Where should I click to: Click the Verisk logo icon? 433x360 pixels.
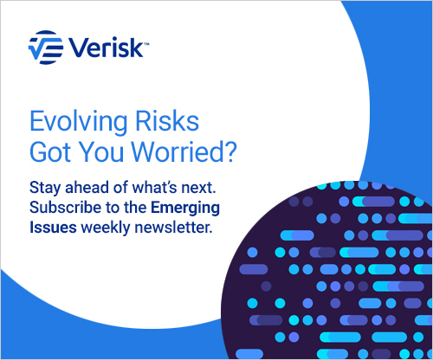pyautogui.click(x=46, y=48)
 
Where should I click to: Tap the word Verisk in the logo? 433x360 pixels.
pyautogui.click(x=106, y=48)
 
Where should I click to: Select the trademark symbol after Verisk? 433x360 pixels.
pyautogui.click(x=146, y=44)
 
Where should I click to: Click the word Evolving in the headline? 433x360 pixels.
pyautogui.click(x=79, y=121)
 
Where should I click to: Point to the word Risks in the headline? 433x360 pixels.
pyautogui.click(x=167, y=120)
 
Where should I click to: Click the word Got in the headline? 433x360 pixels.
pyautogui.click(x=50, y=151)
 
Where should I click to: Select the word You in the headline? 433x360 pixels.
pyautogui.click(x=101, y=151)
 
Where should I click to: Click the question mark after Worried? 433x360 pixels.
pyautogui.click(x=231, y=151)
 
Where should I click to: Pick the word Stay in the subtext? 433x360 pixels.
pyautogui.click(x=45, y=189)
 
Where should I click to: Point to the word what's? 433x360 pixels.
pyautogui.click(x=154, y=187)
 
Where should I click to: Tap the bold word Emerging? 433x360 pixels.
pyautogui.click(x=185, y=209)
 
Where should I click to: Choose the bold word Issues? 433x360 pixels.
pyautogui.click(x=53, y=228)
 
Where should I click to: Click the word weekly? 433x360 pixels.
pyautogui.click(x=106, y=228)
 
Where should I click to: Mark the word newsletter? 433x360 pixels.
pyautogui.click(x=172, y=228)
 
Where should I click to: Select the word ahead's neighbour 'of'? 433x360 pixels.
pyautogui.click(x=120, y=187)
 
